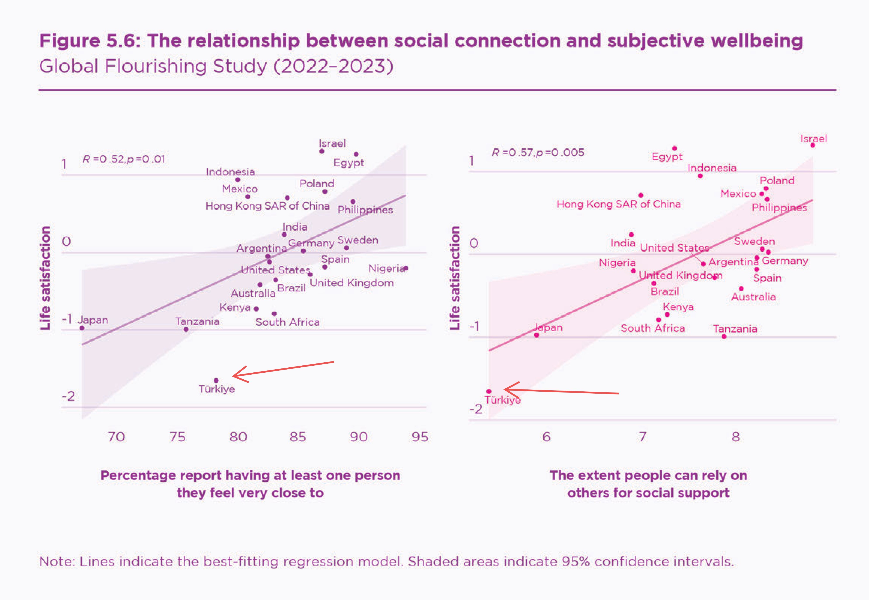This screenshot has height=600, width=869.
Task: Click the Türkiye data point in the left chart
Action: click(216, 380)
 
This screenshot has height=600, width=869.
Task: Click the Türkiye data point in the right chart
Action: click(489, 391)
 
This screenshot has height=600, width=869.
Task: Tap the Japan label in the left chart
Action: click(93, 320)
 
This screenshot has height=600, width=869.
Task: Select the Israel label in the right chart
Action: click(813, 139)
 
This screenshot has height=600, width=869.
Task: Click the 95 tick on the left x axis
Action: click(420, 437)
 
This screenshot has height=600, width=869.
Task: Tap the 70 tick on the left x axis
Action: click(116, 437)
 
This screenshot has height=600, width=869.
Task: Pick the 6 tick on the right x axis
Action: click(546, 437)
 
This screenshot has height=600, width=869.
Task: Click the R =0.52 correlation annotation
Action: click(124, 159)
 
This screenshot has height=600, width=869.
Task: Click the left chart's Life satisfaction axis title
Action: click(45, 278)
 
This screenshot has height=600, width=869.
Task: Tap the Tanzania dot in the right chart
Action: click(724, 336)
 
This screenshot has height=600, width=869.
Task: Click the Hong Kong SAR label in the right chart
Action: click(618, 204)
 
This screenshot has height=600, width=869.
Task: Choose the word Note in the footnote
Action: click(56, 561)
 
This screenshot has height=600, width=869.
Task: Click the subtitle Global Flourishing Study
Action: click(216, 66)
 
